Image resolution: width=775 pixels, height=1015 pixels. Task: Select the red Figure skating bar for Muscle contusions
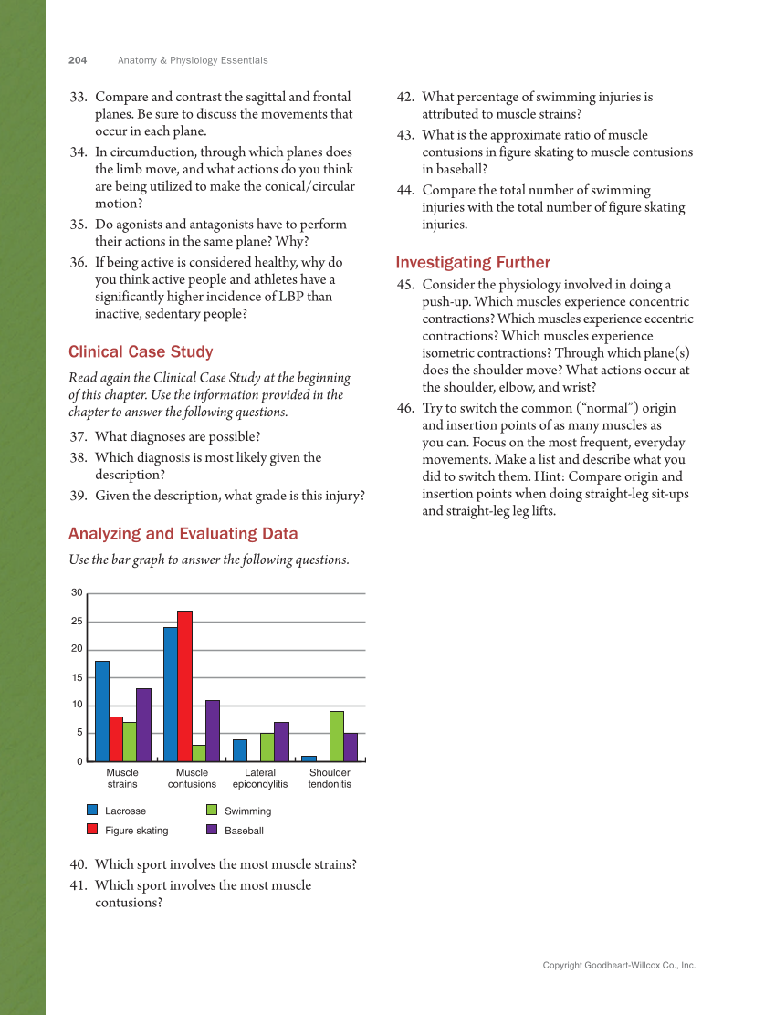point(184,685)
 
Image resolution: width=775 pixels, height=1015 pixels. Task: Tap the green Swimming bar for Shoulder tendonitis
point(337,736)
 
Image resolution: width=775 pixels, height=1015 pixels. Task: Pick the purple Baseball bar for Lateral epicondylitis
point(281,741)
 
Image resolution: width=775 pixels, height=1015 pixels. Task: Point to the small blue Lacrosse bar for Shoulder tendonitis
point(309,759)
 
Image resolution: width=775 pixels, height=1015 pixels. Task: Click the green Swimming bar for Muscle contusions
point(198,753)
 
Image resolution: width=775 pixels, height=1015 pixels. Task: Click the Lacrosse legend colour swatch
point(92,811)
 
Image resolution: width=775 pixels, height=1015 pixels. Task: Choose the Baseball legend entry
point(245,831)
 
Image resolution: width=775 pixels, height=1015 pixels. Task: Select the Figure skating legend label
point(137,831)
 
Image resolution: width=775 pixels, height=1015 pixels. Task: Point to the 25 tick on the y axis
point(78,622)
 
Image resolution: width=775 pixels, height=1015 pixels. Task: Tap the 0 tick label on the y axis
point(79,761)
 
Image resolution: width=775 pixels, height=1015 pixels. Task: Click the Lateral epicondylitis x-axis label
point(260,779)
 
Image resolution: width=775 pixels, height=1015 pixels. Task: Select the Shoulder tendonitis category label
point(330,779)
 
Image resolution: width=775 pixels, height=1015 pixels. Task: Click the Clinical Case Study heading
point(141,351)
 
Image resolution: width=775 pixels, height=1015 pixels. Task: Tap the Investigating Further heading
point(473,263)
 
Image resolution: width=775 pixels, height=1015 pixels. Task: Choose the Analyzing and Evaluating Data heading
point(183,534)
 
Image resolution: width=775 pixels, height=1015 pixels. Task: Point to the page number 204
point(78,60)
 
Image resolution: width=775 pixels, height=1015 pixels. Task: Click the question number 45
point(405,285)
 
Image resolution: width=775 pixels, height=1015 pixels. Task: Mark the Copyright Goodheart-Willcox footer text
point(619,965)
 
